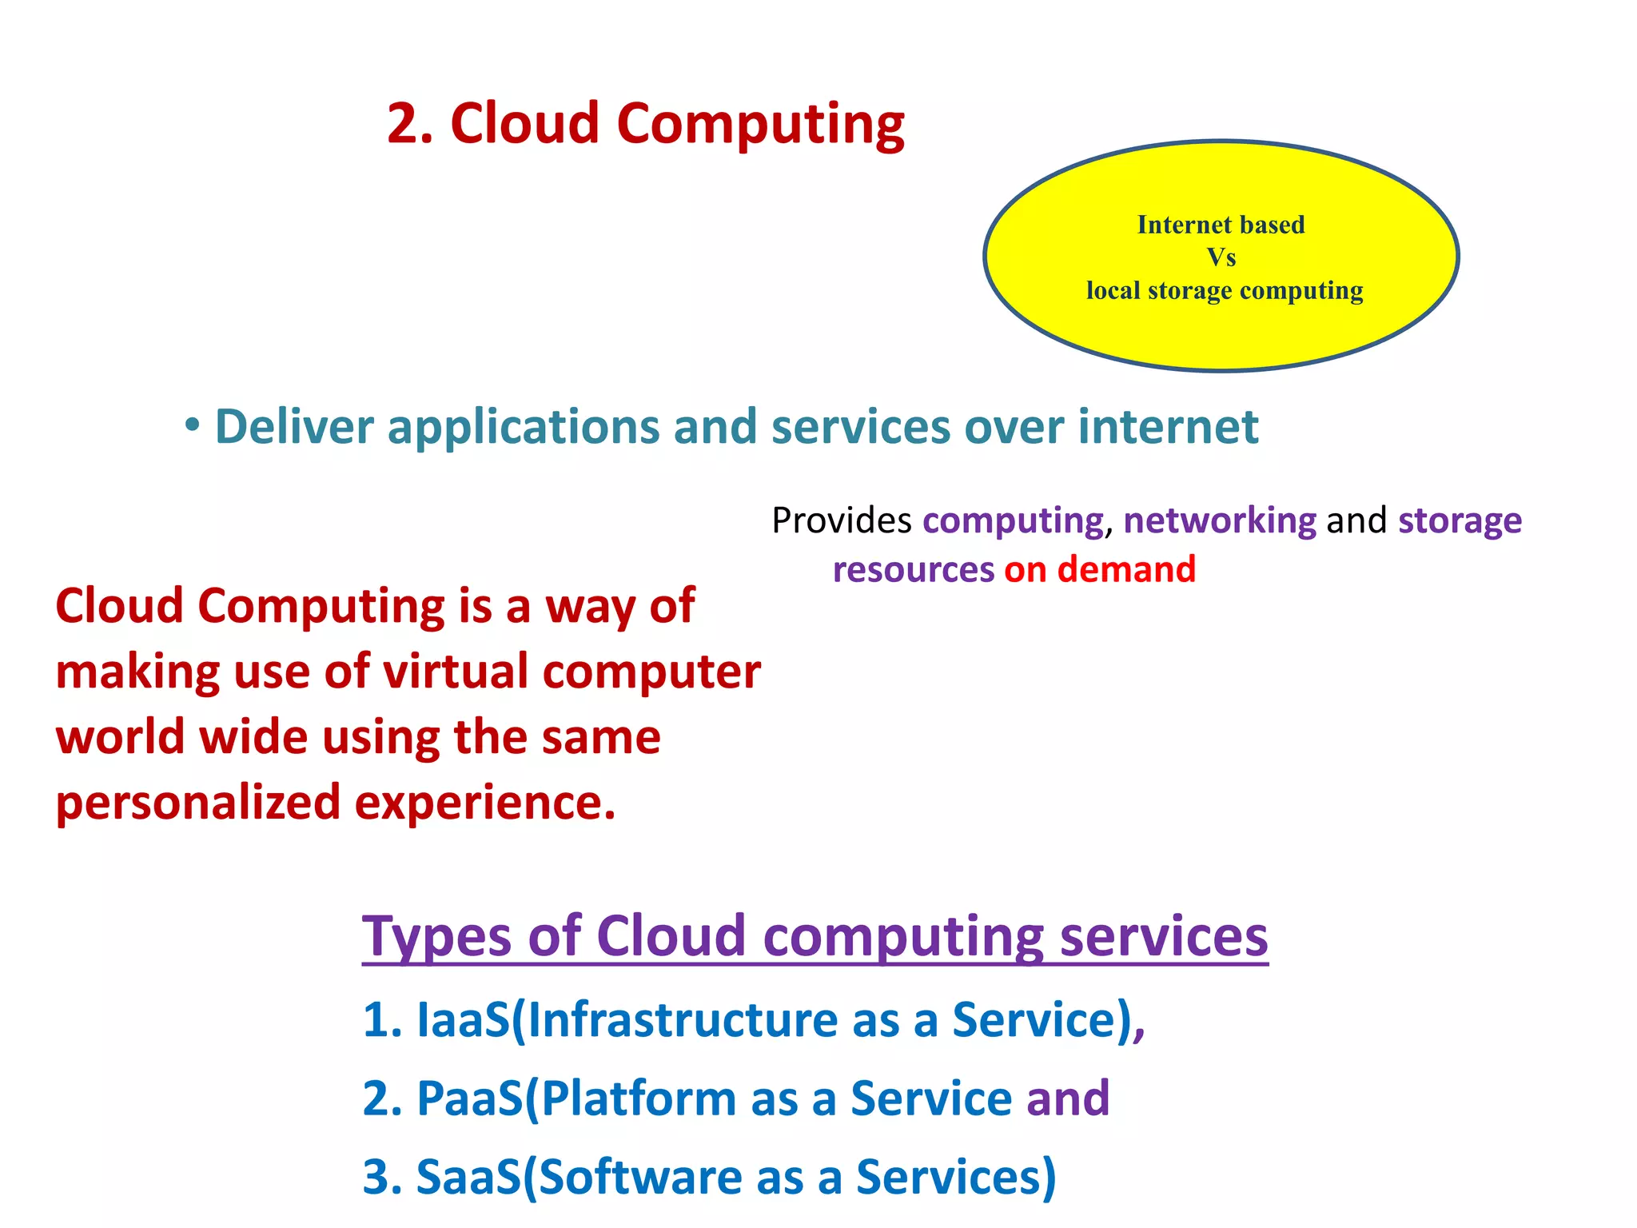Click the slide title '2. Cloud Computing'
645,124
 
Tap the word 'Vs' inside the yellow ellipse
1221,257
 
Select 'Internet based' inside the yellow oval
1221,225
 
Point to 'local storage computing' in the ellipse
1224,290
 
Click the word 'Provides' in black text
841,520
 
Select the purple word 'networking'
1220,520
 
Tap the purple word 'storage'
1460,520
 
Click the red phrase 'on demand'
1100,569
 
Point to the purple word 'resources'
913,569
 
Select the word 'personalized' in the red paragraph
198,803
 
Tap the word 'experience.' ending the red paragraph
485,803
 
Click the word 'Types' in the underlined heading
436,936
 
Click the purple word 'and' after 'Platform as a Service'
1068,1098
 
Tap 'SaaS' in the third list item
468,1177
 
